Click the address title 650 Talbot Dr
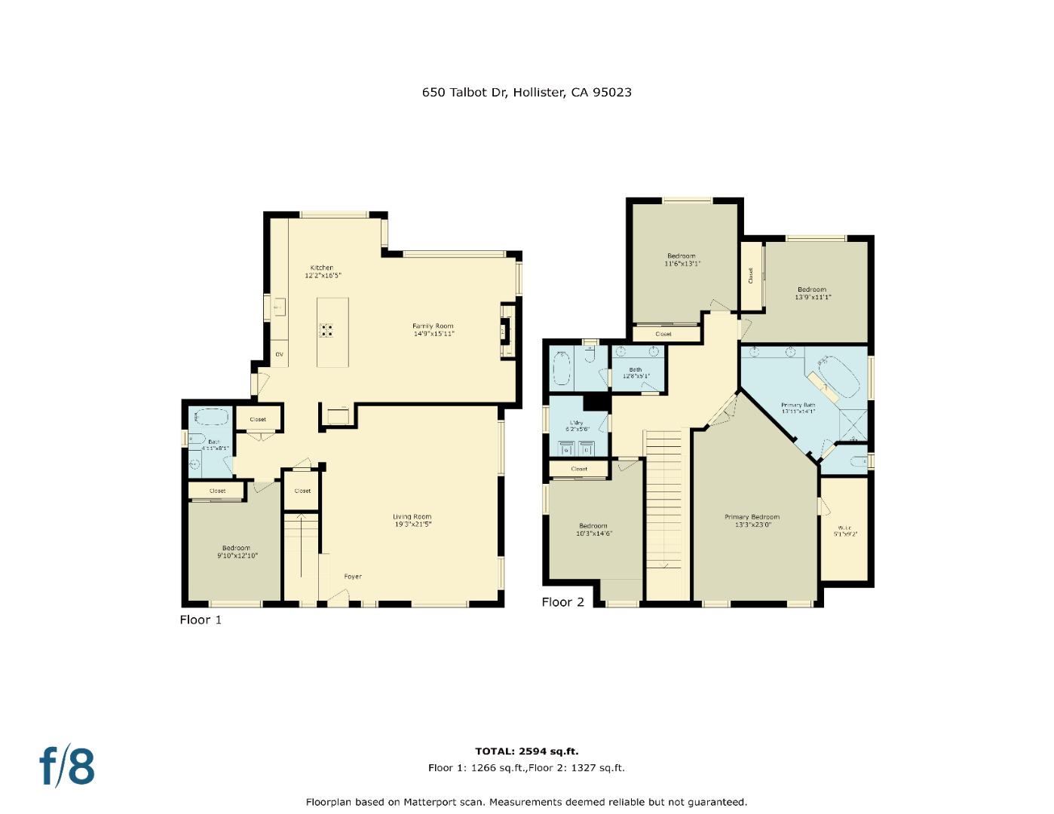click(x=526, y=93)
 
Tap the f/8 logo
click(x=67, y=766)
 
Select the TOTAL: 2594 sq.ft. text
click(x=526, y=751)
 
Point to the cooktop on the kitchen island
click(x=327, y=329)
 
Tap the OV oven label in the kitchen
click(x=279, y=354)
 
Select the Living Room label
click(x=412, y=520)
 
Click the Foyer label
click(x=353, y=577)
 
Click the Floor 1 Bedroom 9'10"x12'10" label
click(x=236, y=552)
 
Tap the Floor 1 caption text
click(x=201, y=620)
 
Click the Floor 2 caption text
click(x=562, y=602)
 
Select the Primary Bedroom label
click(x=752, y=521)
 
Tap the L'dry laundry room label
click(x=577, y=426)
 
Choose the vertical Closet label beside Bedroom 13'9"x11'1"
click(x=751, y=276)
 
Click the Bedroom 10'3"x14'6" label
click(x=593, y=530)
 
